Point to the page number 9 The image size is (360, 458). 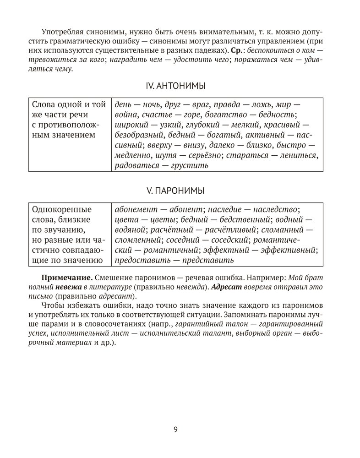coord(176,429)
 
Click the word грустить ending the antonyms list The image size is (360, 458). coord(190,165)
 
